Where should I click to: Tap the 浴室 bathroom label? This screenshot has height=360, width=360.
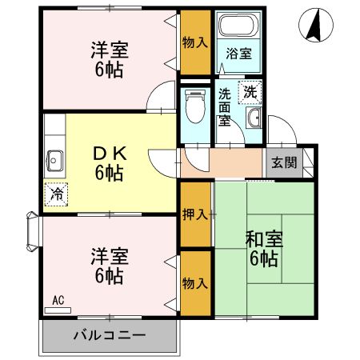pyautogui.click(x=239, y=54)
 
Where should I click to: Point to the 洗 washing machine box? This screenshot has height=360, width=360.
pyautogui.click(x=250, y=91)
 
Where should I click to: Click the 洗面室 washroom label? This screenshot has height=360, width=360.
pyautogui.click(x=225, y=106)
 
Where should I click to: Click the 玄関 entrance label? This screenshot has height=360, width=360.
pyautogui.click(x=283, y=162)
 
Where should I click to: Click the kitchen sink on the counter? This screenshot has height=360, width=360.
pyautogui.click(x=56, y=158)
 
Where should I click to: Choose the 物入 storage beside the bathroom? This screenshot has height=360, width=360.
pyautogui.click(x=195, y=42)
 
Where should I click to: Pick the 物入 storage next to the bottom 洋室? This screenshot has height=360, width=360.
pyautogui.click(x=195, y=282)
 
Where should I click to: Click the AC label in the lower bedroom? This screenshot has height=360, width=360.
pyautogui.click(x=58, y=301)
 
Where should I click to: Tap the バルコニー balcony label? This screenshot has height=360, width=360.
pyautogui.click(x=110, y=334)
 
